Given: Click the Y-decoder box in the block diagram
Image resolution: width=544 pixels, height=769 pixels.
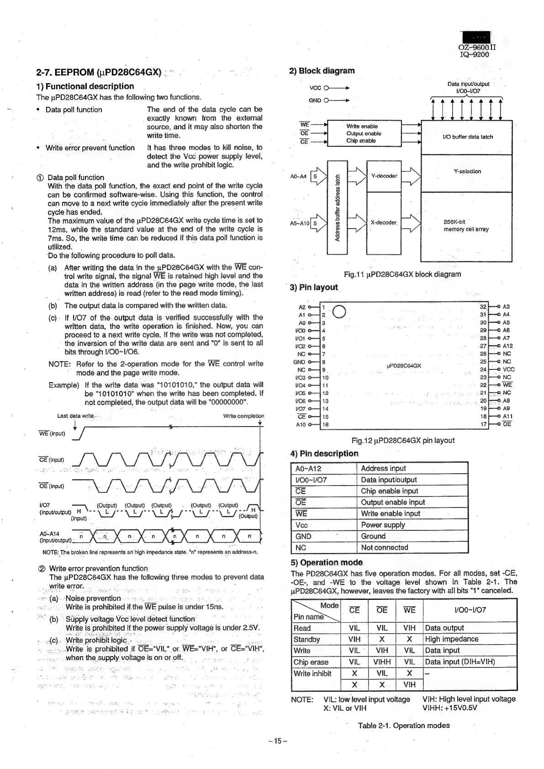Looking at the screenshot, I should point(384,176).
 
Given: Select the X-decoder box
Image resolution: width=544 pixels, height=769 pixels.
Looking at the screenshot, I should point(384,223).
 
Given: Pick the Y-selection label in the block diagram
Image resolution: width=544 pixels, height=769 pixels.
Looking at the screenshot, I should point(467,171).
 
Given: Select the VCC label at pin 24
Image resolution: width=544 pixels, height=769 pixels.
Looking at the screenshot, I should point(508,369).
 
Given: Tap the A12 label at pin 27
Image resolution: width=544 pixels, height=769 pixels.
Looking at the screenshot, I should point(507,346).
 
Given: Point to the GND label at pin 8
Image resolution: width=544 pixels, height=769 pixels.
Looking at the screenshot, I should point(299,362).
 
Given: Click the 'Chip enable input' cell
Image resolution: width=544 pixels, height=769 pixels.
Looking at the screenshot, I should point(389,491).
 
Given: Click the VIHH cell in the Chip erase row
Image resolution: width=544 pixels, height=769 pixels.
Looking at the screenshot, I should point(382,662).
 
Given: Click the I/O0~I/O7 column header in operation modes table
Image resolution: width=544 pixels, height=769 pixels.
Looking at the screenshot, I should point(470,610).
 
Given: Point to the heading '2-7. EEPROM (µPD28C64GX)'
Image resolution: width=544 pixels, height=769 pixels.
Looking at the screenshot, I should point(99,72).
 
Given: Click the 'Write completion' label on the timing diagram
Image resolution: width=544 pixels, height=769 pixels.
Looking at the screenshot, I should point(243,416).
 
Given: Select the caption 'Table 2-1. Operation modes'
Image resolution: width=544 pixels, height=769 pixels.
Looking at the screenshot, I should point(403,726).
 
